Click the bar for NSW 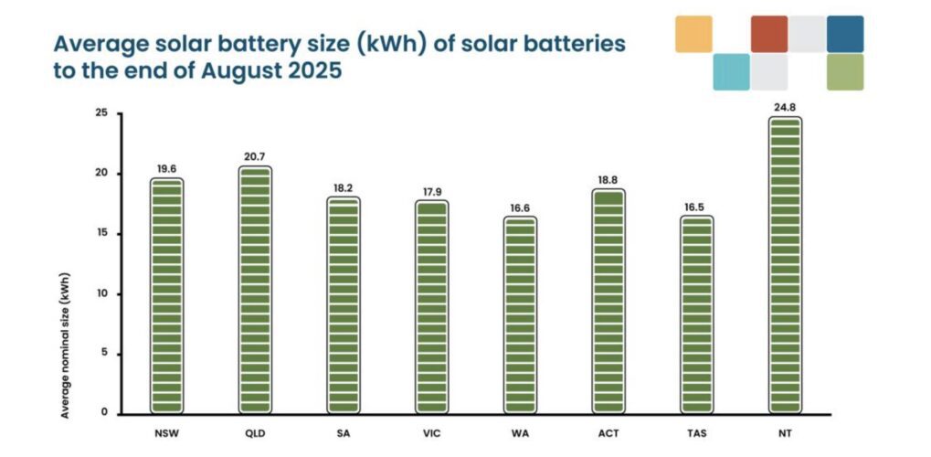point(166,295)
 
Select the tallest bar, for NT point(786,265)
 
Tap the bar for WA point(520,314)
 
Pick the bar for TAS point(697,314)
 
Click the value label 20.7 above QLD point(255,157)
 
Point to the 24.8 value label point(786,108)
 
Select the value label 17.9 point(432,191)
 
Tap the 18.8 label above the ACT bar point(608,181)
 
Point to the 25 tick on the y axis point(101,113)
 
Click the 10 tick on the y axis point(101,293)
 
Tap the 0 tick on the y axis point(104,413)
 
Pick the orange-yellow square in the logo point(693,34)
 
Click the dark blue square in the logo point(844,34)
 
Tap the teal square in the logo point(731,72)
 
